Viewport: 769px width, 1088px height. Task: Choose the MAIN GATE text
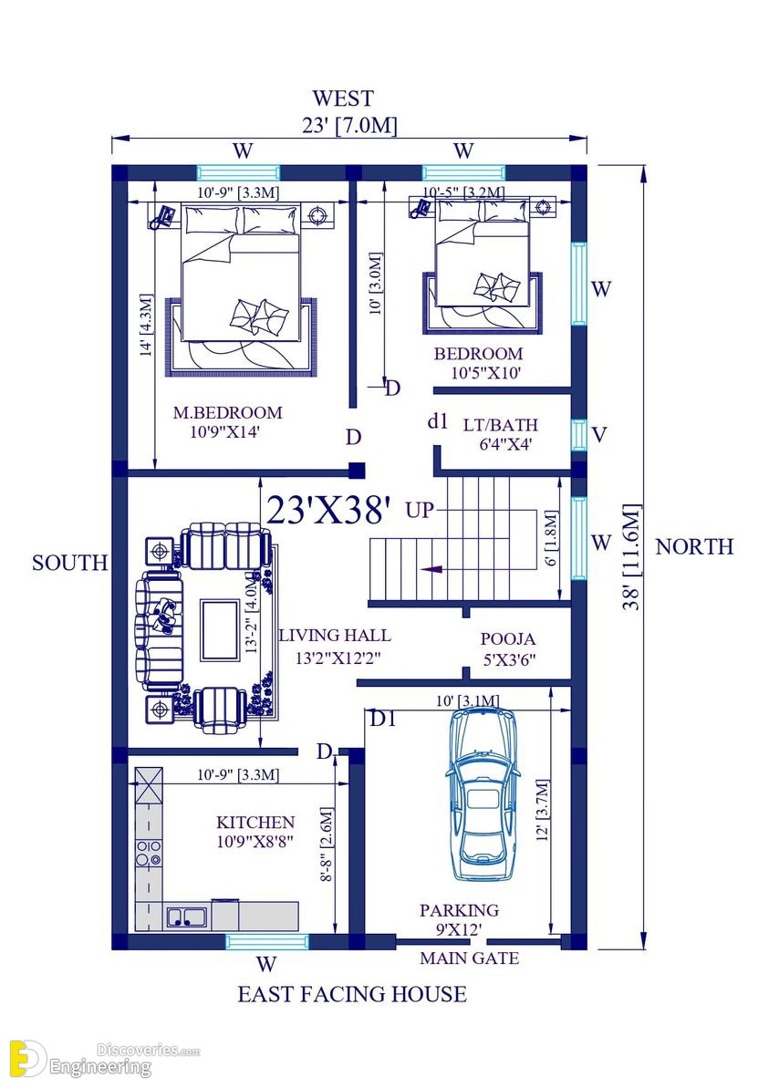click(469, 958)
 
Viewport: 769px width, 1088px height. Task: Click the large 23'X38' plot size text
click(328, 511)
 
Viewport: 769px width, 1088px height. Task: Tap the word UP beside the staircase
click(420, 510)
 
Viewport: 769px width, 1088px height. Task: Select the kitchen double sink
click(186, 916)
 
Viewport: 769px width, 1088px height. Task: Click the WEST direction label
click(342, 98)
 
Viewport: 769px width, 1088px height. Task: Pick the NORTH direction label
click(693, 546)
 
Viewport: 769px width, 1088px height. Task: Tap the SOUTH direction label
click(69, 563)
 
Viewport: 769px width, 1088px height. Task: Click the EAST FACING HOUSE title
click(352, 993)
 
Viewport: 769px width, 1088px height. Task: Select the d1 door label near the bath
click(438, 421)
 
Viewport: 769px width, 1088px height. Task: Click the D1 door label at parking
click(382, 720)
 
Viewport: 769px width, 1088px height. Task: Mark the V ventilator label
click(598, 435)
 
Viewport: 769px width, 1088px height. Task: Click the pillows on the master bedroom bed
click(258, 315)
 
